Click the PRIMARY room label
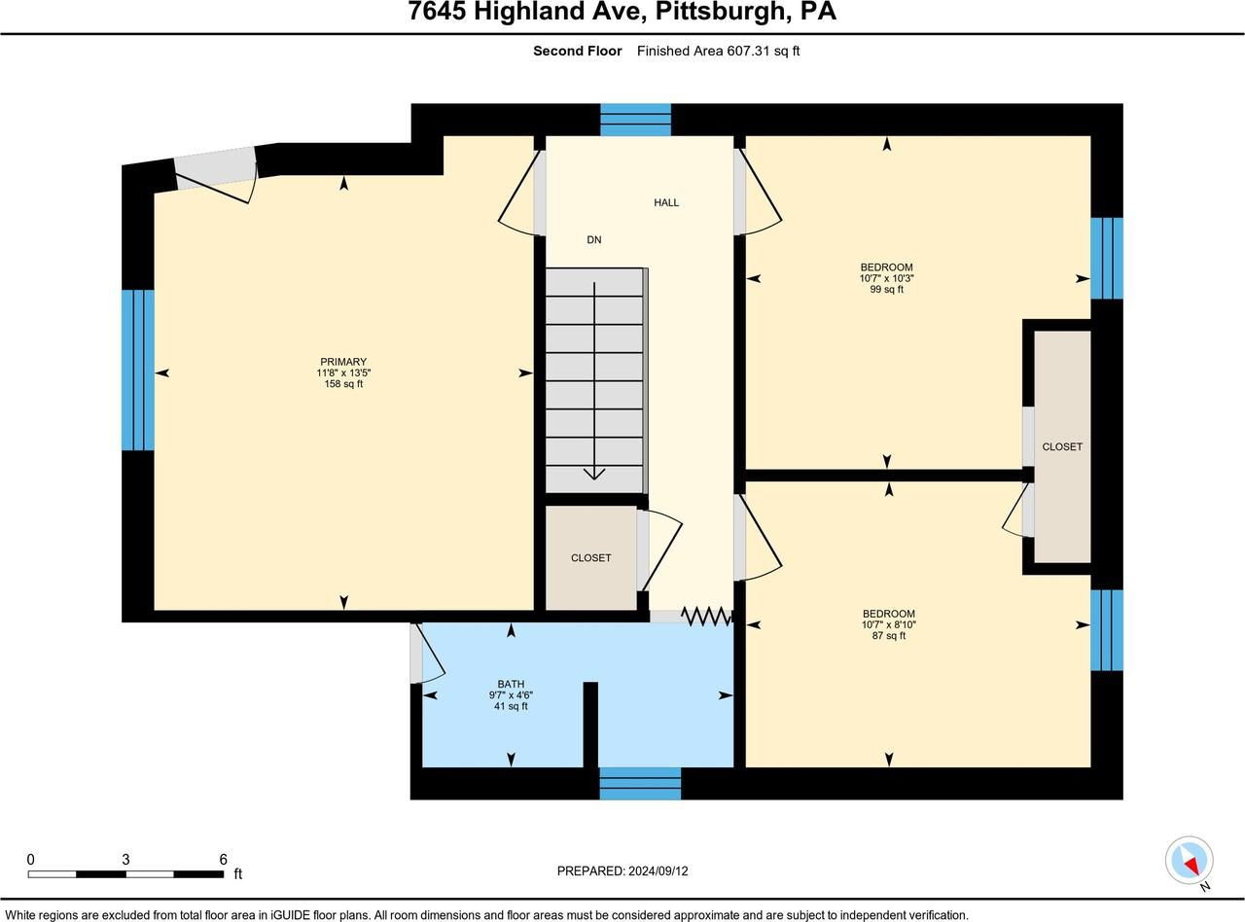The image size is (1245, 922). coord(343,362)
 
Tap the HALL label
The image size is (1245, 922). coord(666,202)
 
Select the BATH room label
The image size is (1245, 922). coord(511,685)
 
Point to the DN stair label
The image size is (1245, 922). coord(593,239)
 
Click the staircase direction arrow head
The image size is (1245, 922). coord(593,474)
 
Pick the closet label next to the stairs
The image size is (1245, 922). coord(590,557)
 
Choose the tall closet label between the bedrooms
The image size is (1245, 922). coord(1062,446)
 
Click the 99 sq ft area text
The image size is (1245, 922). coord(886,289)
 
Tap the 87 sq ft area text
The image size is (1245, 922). coord(888,635)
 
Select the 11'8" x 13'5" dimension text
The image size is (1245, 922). coord(343,372)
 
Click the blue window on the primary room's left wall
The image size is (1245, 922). coord(138,370)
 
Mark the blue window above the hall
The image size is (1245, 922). coord(635,120)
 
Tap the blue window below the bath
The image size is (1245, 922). coord(640,783)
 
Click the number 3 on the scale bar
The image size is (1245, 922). coord(125,859)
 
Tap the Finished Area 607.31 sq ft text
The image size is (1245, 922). coord(718,51)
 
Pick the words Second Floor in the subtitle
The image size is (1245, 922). coord(577,51)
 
